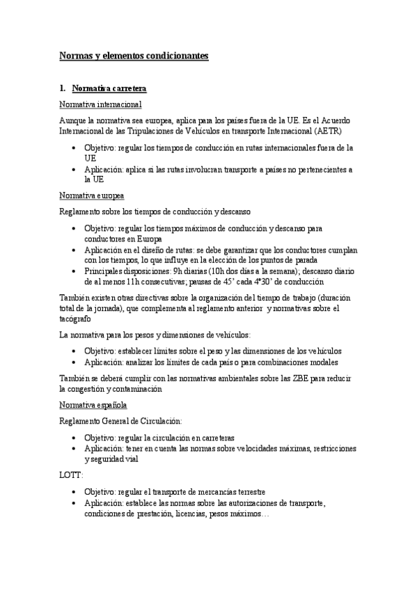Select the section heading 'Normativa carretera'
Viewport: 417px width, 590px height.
(x=109, y=88)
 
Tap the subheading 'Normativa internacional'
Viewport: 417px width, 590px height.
(x=101, y=104)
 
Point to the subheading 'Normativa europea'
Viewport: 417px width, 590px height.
(x=91, y=195)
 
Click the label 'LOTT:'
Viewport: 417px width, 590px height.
(x=71, y=475)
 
